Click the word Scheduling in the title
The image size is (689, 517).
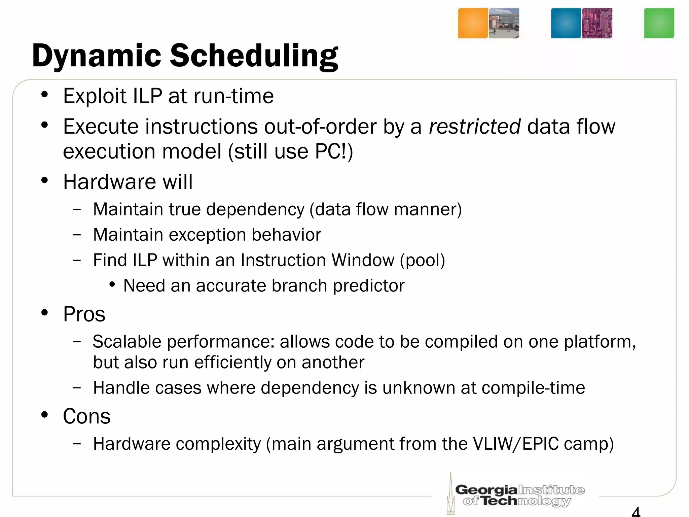tap(254, 56)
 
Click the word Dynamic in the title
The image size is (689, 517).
tap(97, 56)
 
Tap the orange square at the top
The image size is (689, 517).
tap(473, 23)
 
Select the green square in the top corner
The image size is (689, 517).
tap(659, 23)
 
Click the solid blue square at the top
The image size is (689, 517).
tap(566, 23)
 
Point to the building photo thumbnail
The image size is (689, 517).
tap(504, 23)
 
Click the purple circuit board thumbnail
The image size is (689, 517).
tap(597, 23)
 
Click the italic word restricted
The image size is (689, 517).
tap(475, 127)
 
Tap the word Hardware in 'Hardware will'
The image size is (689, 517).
tap(110, 182)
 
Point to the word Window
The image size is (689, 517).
tap(362, 260)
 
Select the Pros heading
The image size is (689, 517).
tap(84, 314)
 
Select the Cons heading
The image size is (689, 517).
tap(86, 416)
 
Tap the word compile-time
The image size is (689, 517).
tap(533, 388)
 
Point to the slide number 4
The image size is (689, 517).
tap(636, 512)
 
